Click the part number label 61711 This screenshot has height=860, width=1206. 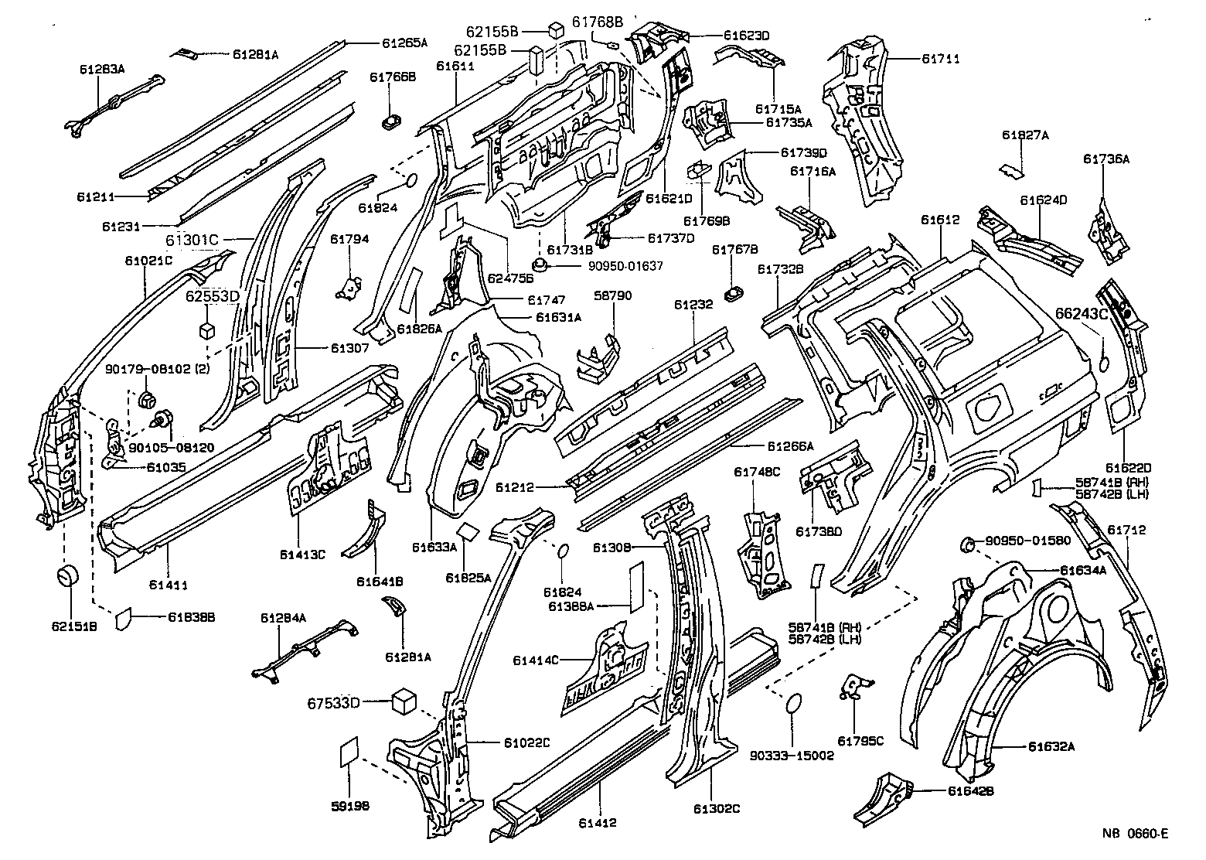[x=940, y=58]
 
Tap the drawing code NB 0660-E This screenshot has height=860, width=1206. [x=1135, y=834]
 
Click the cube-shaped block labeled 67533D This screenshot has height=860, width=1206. [x=404, y=701]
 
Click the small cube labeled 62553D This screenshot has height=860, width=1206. [x=205, y=330]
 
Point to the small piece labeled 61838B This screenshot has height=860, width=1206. [x=121, y=620]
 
